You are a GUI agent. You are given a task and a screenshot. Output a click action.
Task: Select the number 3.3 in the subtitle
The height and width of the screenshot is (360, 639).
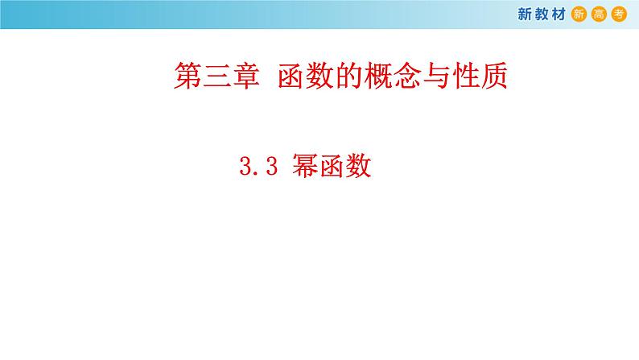[258, 167]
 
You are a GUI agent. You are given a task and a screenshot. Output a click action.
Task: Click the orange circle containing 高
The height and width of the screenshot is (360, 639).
[600, 14]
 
